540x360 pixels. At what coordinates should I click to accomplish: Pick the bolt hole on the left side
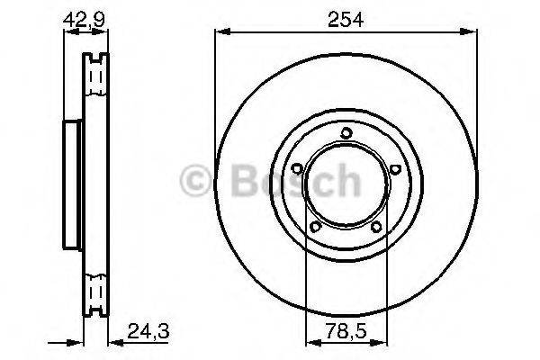coord(297,168)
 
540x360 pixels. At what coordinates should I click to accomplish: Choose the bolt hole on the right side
coord(395,167)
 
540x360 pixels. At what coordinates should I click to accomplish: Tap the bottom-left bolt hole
coord(315,226)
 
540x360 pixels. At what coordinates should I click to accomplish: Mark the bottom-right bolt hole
coord(376,227)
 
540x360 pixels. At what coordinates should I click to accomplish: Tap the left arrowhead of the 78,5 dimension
coord(311,340)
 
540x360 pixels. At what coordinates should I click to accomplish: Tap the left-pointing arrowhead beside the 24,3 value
coord(115,340)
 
